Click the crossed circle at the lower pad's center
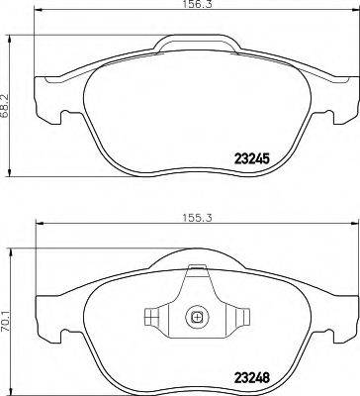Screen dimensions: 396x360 [196, 318]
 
